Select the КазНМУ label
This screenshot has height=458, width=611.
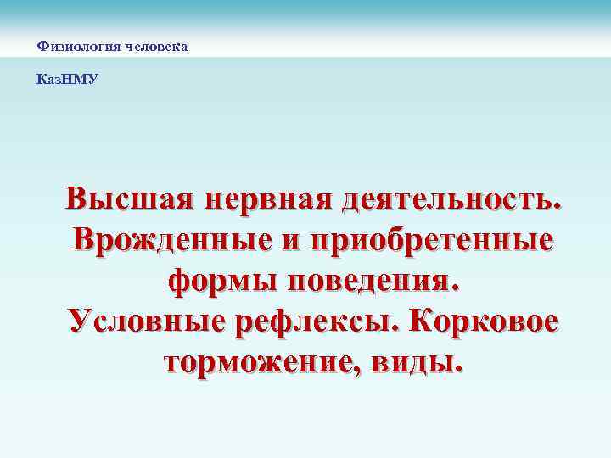pos(68,79)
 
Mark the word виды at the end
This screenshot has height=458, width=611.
pos(419,363)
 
